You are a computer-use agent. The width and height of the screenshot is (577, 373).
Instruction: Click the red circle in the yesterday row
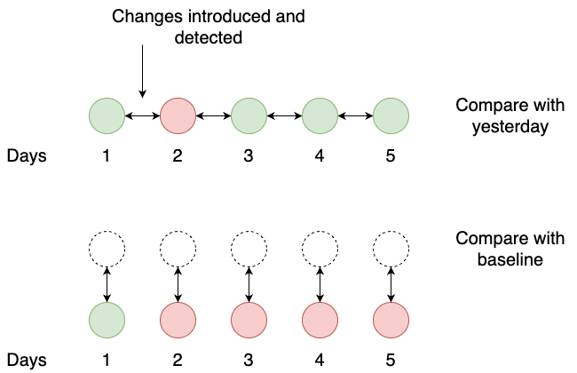(178, 115)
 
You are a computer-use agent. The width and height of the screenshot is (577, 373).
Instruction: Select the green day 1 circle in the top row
(107, 115)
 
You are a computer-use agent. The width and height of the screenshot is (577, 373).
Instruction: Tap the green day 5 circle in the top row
(391, 115)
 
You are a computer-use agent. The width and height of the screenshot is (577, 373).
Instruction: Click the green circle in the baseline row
(107, 320)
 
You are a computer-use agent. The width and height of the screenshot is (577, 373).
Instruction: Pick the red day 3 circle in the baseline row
(249, 320)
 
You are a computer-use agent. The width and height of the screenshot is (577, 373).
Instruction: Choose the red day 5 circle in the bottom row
(391, 320)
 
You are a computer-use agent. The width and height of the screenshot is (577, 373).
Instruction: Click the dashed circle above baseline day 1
(107, 231)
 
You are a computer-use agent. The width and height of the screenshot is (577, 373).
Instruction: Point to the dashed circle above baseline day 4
(320, 231)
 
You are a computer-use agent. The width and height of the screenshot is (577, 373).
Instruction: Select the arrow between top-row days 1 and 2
(142, 116)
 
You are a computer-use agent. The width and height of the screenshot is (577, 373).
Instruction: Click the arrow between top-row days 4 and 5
(355, 116)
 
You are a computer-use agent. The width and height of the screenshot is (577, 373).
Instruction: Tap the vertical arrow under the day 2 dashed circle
(178, 284)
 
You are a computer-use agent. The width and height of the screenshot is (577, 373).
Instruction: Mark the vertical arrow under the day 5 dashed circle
(391, 284)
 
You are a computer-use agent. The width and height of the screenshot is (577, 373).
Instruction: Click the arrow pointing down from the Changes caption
(142, 71)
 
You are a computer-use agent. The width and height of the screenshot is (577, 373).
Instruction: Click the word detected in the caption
(209, 37)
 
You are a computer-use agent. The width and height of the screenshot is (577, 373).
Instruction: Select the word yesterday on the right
(510, 127)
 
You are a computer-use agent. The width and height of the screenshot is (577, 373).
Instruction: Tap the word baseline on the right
(510, 259)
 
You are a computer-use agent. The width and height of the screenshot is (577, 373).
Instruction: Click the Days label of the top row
(27, 155)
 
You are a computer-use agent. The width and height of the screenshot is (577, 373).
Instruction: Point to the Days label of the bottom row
(27, 360)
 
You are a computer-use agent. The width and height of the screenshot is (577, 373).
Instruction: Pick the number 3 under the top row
(249, 155)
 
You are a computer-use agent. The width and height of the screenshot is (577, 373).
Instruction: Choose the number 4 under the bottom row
(320, 360)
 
